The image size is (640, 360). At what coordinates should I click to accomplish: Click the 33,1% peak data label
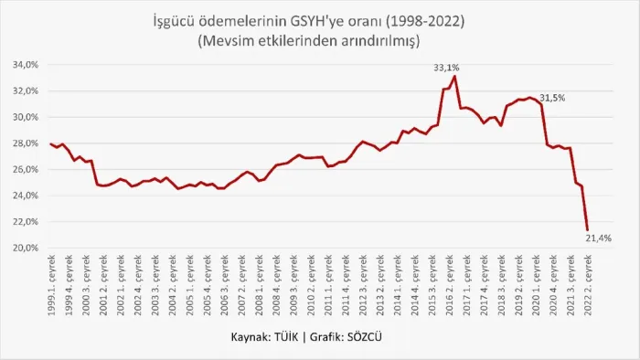tap(446, 68)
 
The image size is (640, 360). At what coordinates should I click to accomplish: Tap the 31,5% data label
tap(552, 98)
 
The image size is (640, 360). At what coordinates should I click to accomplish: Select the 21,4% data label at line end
tap(598, 238)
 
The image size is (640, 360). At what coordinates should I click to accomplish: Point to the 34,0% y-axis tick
tap(26, 65)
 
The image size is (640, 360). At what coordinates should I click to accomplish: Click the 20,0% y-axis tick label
tap(26, 248)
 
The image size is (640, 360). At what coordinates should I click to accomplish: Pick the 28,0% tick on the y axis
tap(26, 143)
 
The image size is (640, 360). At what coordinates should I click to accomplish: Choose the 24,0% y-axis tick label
tap(26, 196)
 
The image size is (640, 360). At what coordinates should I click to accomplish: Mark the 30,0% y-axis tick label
tap(26, 117)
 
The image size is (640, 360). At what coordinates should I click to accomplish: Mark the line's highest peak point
tap(455, 76)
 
